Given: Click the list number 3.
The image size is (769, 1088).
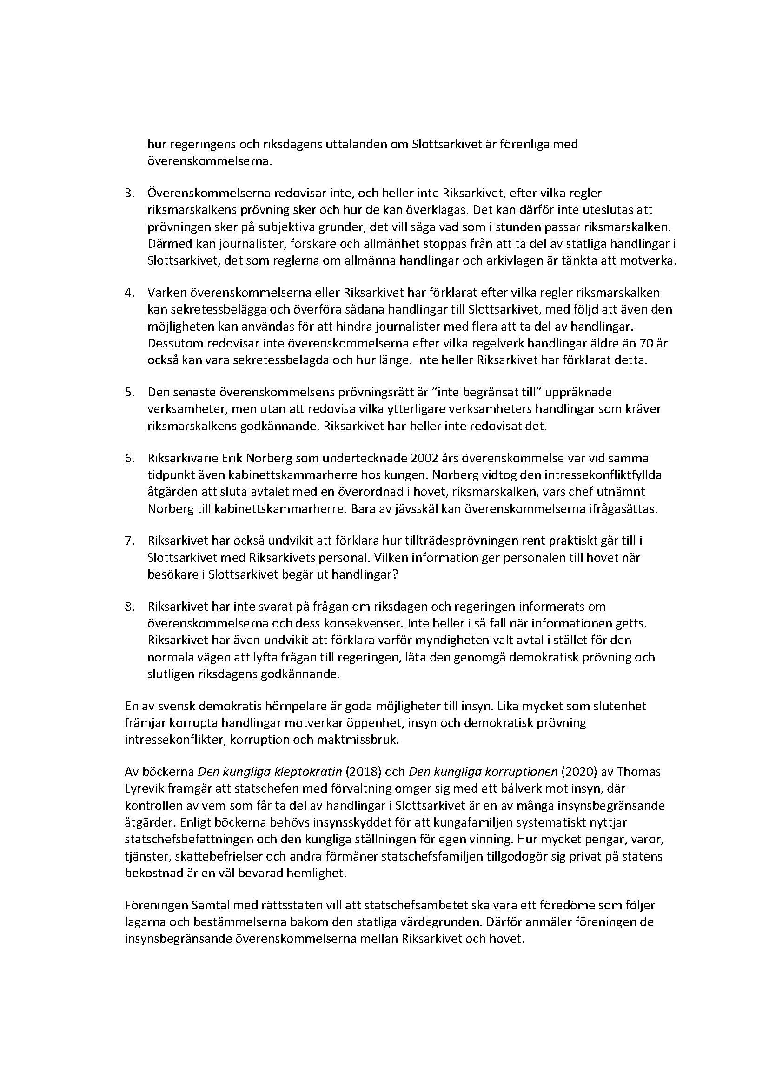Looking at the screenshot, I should (129, 193).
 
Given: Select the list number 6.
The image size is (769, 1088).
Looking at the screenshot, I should (129, 458).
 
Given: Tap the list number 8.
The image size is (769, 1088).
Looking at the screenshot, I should (129, 606).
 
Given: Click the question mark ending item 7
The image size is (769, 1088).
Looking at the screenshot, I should (395, 575).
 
